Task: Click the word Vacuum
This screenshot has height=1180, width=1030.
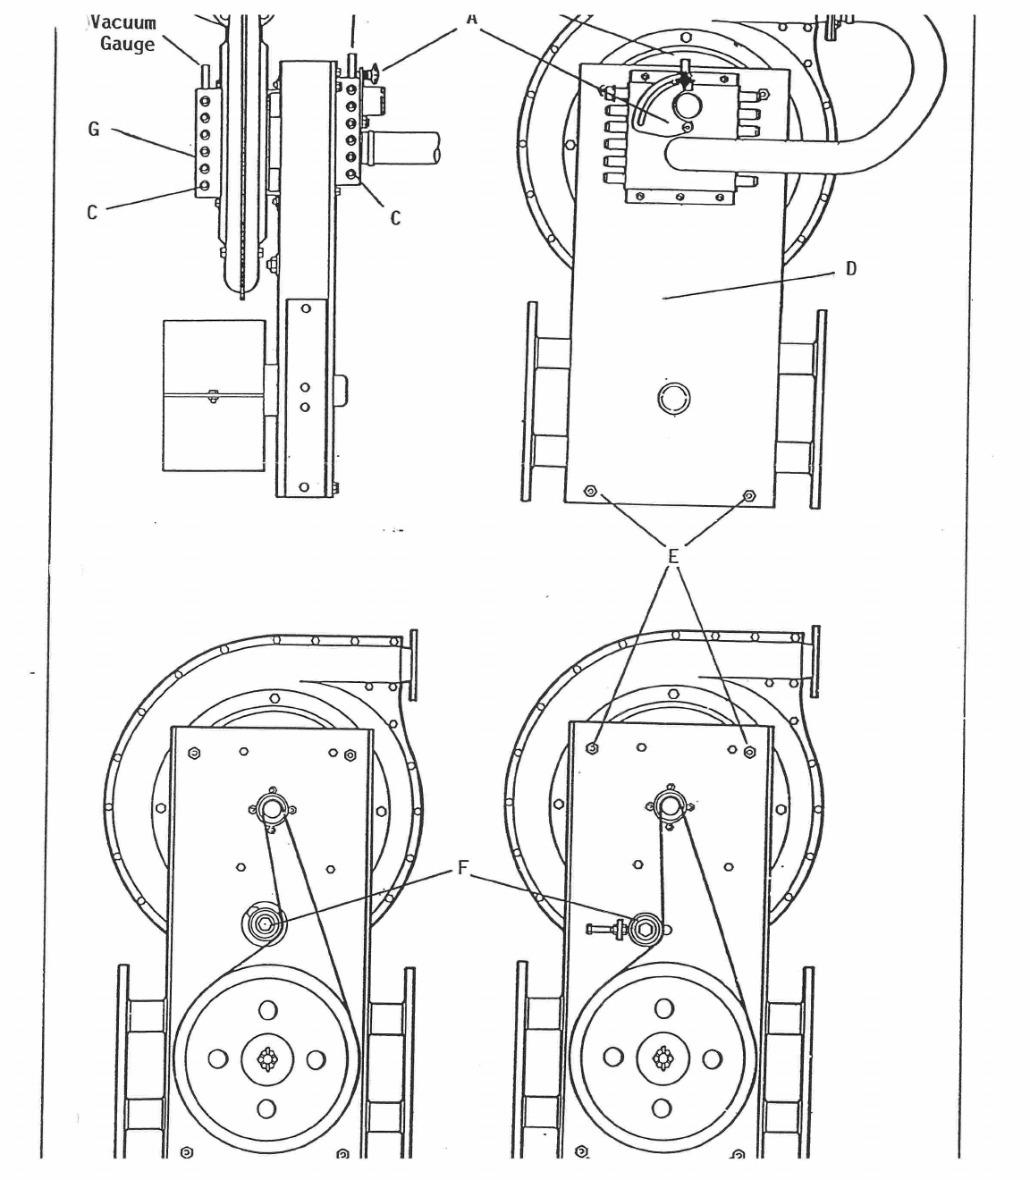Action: click(124, 23)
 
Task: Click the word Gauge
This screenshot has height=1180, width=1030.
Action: click(127, 44)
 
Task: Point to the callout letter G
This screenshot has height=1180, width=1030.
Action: click(93, 130)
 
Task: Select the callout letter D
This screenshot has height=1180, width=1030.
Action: click(850, 268)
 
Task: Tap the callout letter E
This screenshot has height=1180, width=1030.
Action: click(673, 556)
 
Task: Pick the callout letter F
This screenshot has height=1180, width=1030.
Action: click(462, 868)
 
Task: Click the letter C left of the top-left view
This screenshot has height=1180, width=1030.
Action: click(91, 213)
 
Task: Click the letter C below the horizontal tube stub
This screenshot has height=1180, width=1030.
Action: click(395, 217)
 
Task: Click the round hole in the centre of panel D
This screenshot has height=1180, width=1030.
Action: click(673, 398)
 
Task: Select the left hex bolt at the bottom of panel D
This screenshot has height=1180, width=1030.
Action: click(589, 492)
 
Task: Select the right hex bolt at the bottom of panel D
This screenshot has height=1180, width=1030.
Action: click(749, 494)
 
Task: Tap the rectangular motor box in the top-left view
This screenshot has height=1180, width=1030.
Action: click(214, 394)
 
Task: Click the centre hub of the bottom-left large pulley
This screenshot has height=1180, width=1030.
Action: click(266, 1059)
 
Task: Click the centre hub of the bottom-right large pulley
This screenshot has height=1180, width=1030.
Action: click(663, 1058)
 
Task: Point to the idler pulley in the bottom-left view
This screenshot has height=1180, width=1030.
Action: click(265, 924)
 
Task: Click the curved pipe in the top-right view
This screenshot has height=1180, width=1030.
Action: click(894, 134)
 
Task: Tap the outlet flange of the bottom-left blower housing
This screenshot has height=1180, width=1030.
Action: click(412, 663)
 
